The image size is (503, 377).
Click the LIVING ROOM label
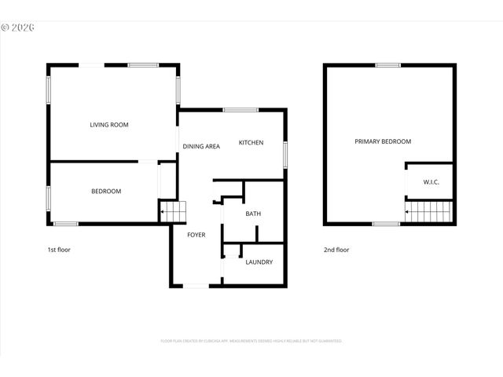click(109, 125)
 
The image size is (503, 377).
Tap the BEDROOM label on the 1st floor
click(106, 192)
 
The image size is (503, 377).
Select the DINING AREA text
click(201, 147)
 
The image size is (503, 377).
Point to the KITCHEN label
click(251, 143)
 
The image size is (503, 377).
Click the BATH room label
click(253, 214)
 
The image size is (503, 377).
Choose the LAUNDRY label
click(259, 262)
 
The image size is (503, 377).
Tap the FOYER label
click(196, 235)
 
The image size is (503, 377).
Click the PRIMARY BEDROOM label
click(383, 142)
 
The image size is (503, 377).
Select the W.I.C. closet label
click(431, 183)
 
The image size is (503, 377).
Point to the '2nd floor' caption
click(336, 250)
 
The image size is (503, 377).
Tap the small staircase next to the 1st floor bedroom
click(172, 211)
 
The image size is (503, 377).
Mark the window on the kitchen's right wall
click(285, 153)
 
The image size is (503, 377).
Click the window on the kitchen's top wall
click(235, 110)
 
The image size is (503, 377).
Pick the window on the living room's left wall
click(49, 90)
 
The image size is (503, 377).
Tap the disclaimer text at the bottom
click(251, 342)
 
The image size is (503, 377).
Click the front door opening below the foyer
click(196, 286)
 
